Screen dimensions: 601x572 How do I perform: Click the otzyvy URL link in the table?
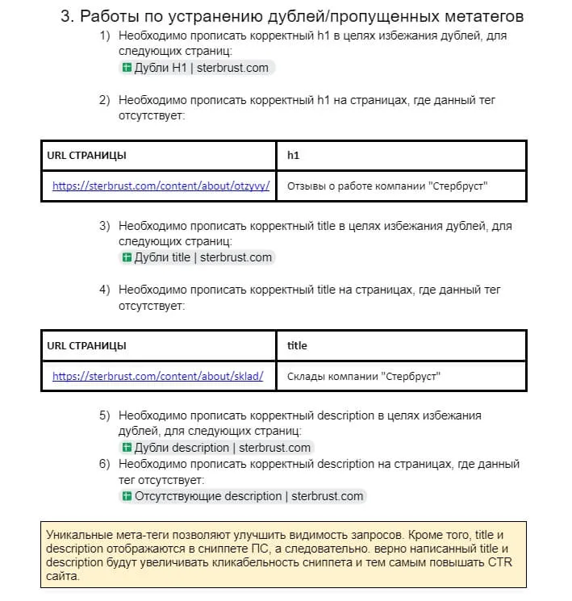click(161, 186)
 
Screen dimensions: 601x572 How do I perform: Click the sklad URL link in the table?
click(157, 376)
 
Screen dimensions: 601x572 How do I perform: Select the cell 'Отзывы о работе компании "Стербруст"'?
click(387, 186)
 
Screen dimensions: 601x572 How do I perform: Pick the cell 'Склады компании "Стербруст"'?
click(364, 376)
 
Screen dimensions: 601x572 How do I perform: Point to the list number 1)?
click(104, 36)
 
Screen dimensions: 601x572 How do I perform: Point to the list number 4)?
click(104, 290)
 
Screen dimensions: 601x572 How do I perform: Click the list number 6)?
click(104, 464)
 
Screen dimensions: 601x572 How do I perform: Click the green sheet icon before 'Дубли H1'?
click(127, 68)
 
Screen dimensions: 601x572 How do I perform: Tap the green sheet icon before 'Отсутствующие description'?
click(127, 496)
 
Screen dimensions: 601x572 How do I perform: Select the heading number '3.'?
click(67, 16)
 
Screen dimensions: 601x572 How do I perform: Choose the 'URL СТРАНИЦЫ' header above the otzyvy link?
click(86, 155)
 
